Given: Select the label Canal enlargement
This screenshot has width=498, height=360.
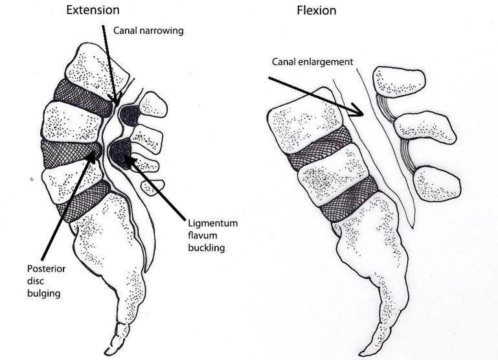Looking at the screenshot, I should click(311, 62).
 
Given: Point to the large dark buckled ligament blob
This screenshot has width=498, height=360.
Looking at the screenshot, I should click(120, 153).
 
